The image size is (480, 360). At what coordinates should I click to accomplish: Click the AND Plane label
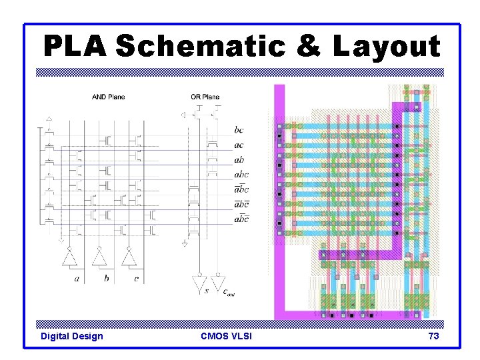tap(108, 97)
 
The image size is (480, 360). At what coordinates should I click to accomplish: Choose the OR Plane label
tap(205, 97)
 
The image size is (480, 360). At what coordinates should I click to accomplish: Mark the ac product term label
tap(239, 145)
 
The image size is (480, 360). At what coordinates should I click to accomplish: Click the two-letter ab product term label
tap(239, 160)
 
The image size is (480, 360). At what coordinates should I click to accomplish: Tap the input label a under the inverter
tap(77, 278)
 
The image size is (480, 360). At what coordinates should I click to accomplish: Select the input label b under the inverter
tap(106, 278)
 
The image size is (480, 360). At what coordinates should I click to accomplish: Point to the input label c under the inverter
tap(136, 278)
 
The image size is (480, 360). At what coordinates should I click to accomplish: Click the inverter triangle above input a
tap(69, 257)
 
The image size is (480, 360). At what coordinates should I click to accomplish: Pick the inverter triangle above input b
tap(99, 257)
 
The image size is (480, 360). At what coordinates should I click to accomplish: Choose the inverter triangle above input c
tap(129, 257)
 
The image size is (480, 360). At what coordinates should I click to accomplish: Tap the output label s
tap(207, 290)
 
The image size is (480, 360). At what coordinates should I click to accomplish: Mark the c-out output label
tap(227, 291)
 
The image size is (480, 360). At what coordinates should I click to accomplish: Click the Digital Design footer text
tap(72, 336)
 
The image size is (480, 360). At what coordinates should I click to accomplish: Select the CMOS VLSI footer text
tap(226, 336)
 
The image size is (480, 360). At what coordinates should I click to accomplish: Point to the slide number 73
tap(433, 336)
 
